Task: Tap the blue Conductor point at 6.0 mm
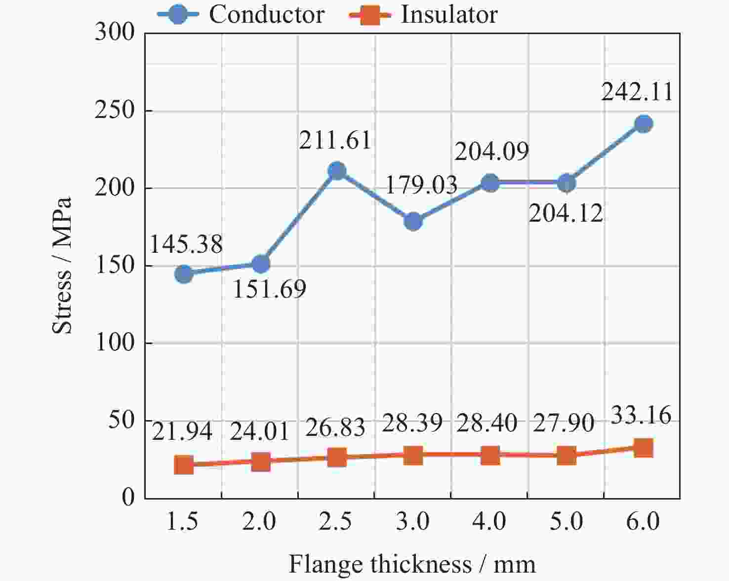[643, 124]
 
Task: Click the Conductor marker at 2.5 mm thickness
[337, 171]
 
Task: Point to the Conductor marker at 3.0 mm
[413, 222]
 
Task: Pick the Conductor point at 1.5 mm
[184, 274]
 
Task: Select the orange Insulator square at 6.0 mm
[643, 448]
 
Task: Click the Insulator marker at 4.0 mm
[490, 456]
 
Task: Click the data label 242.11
[637, 92]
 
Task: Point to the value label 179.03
[421, 185]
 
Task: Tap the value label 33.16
[641, 416]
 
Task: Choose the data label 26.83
[335, 427]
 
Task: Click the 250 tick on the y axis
[115, 111]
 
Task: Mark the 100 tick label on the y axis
[115, 343]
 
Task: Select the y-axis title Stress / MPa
[63, 266]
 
